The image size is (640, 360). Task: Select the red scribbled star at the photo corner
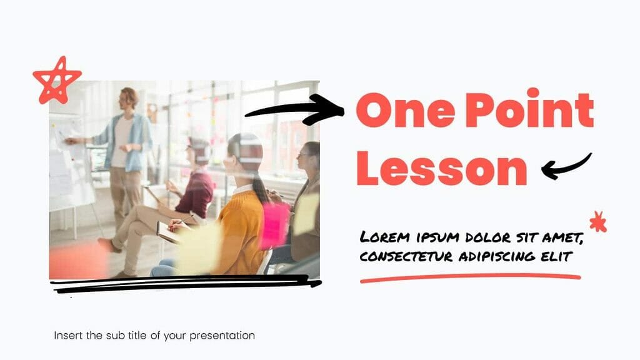(56, 81)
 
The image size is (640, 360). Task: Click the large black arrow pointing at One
(297, 110)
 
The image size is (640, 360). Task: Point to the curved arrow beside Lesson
(566, 166)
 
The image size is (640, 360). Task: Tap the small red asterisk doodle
(598, 222)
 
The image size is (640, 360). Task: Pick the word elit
(557, 256)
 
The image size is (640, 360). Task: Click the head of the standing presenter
(129, 99)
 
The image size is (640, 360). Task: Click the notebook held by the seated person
(167, 232)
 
